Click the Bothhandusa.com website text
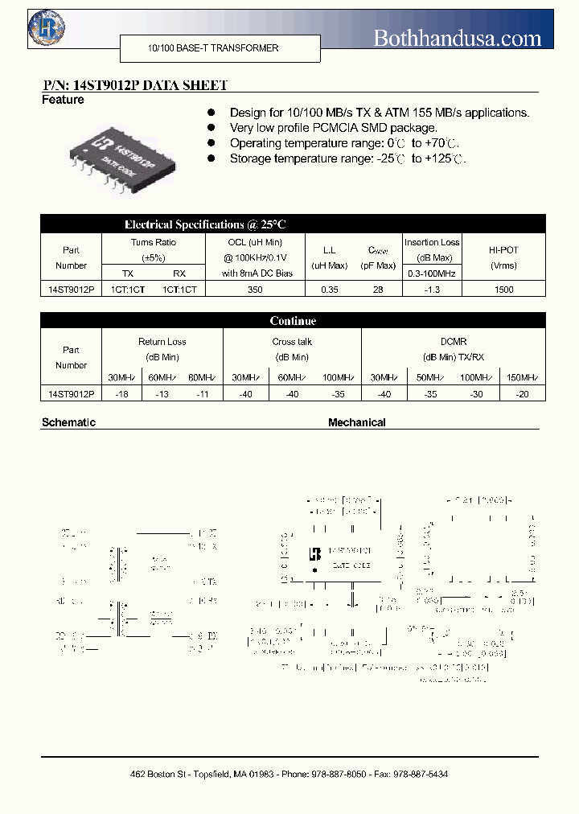(458, 37)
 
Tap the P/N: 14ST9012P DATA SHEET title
(134, 85)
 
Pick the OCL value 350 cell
(255, 289)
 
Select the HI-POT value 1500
(504, 289)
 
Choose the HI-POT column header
(504, 250)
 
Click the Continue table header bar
(293, 321)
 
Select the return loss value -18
(121, 393)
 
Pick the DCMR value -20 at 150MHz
(523, 393)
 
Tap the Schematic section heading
(68, 422)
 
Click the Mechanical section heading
(356, 422)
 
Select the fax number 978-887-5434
(419, 774)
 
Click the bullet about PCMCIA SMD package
(333, 128)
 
